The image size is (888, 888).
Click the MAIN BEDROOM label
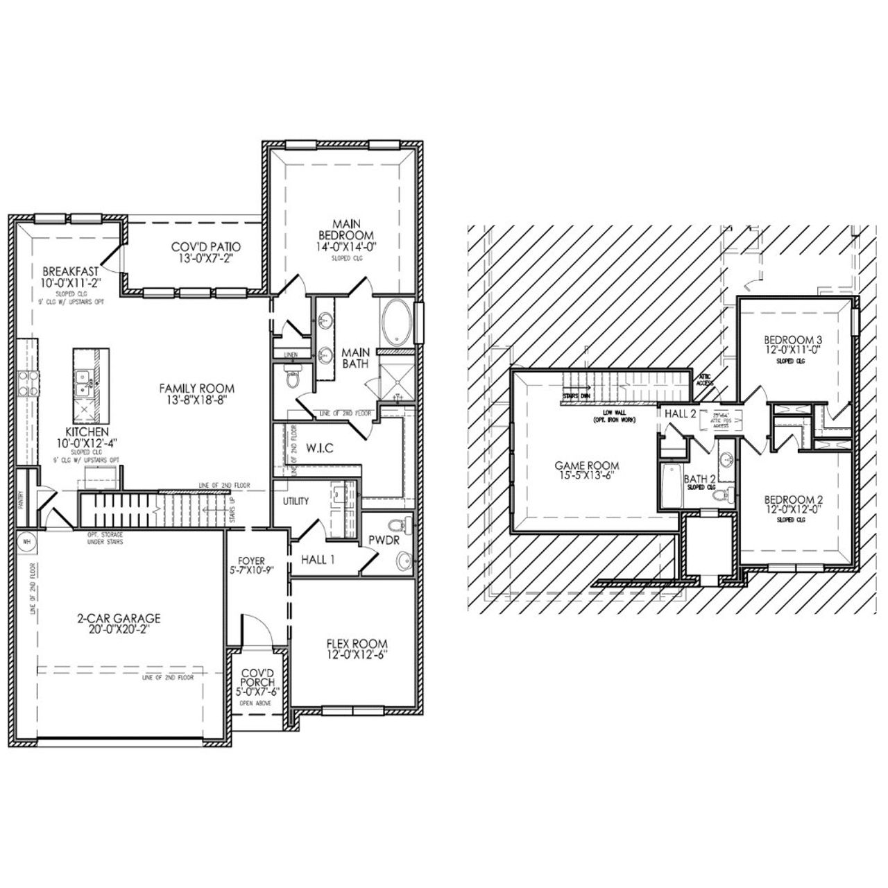click(344, 229)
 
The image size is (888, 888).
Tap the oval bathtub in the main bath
click(396, 323)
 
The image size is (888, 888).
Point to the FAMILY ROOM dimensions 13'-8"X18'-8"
click(197, 400)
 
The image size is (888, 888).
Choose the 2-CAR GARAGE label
click(119, 618)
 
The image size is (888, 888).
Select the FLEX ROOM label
click(357, 644)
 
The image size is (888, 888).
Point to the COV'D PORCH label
click(257, 678)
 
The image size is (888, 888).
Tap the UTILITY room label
click(296, 501)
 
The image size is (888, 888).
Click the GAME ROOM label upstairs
click(586, 466)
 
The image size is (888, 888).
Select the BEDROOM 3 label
click(793, 340)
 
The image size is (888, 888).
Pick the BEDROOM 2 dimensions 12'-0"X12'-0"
click(793, 510)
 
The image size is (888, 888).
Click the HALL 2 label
click(681, 413)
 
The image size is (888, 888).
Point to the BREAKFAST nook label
click(70, 271)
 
